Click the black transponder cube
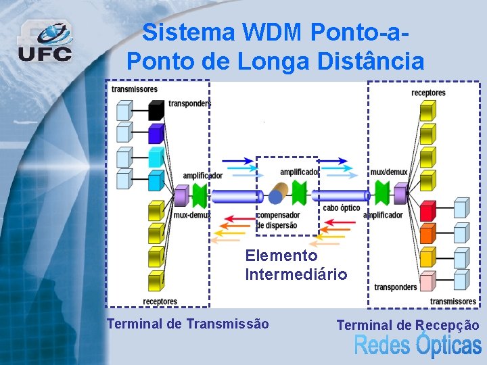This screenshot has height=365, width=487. [x=156, y=109]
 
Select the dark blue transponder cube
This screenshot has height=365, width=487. [x=156, y=132]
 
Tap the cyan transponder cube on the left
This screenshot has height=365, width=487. [x=156, y=157]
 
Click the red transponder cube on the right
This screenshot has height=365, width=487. [x=427, y=211]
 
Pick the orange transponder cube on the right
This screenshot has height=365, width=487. [x=427, y=234]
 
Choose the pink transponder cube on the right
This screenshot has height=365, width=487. [x=427, y=281]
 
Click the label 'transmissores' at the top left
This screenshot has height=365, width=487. [x=135, y=89]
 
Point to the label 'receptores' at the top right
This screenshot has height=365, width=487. [x=428, y=93]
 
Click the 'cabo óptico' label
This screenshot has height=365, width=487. [x=342, y=208]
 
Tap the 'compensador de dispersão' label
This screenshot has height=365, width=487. [x=277, y=220]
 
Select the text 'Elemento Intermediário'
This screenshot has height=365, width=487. [x=296, y=265]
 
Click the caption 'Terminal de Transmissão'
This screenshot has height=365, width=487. [x=187, y=324]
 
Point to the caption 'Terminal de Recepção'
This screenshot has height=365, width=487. [x=408, y=325]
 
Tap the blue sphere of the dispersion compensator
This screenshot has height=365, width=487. [x=275, y=197]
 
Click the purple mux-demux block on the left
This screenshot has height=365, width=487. [x=181, y=196]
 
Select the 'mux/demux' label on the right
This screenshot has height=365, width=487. [x=389, y=172]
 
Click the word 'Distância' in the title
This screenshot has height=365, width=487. [x=367, y=62]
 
